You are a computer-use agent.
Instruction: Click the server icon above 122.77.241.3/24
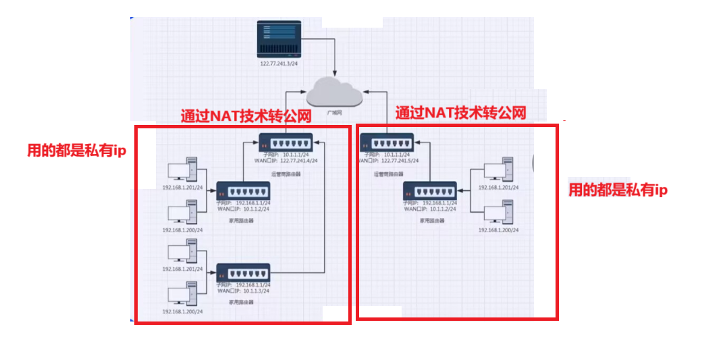pos(279,40)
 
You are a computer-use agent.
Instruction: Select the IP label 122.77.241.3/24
pos(279,63)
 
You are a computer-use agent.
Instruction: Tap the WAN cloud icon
pos(335,93)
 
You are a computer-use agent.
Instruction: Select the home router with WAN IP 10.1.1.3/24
pos(243,273)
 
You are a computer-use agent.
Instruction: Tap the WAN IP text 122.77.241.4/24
pos(297,161)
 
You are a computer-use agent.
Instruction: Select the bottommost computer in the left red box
pos(182,295)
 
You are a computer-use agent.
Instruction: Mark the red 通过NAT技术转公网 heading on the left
pos(246,115)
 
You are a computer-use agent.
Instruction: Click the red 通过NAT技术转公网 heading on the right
pos(460,112)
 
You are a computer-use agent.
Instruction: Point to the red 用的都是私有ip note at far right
pos(618,190)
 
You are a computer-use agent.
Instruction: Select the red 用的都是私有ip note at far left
pos(76,150)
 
